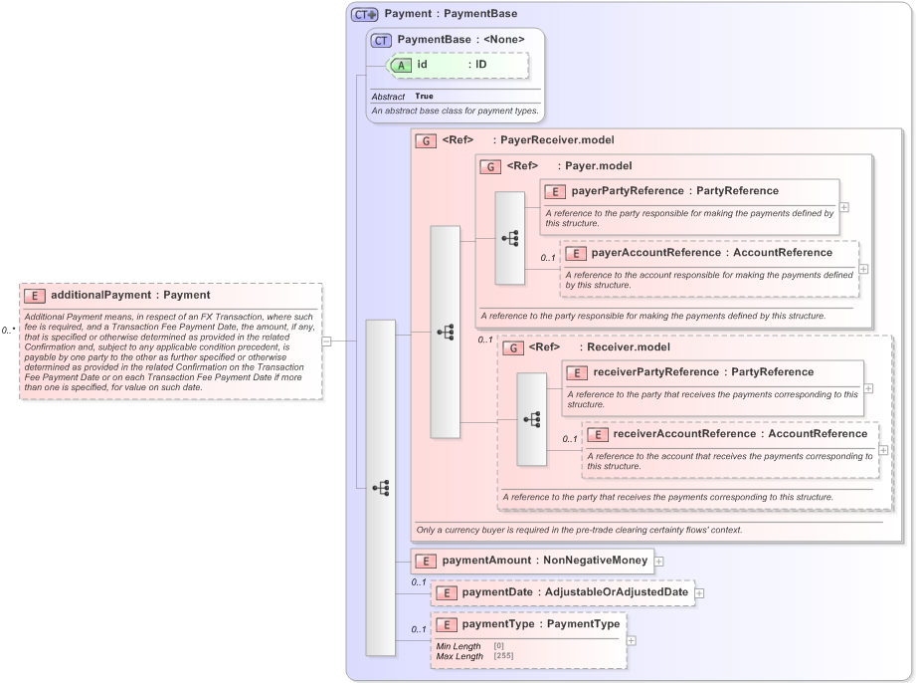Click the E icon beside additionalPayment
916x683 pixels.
(x=35, y=295)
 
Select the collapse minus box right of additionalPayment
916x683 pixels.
(x=325, y=341)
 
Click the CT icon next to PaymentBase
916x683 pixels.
(x=381, y=40)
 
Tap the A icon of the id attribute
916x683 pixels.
(x=401, y=65)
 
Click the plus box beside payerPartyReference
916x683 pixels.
(x=843, y=207)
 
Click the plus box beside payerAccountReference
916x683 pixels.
(x=863, y=269)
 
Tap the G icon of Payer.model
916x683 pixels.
(x=490, y=166)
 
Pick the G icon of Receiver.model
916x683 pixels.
(x=512, y=347)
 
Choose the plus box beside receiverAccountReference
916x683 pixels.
(x=883, y=450)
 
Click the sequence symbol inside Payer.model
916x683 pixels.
(x=510, y=238)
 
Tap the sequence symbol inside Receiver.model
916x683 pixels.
(x=531, y=419)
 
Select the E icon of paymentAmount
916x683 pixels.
(x=426, y=561)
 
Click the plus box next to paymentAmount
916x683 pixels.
(x=658, y=561)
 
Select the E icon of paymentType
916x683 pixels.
(x=446, y=624)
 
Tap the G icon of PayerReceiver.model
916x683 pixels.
(x=426, y=140)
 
